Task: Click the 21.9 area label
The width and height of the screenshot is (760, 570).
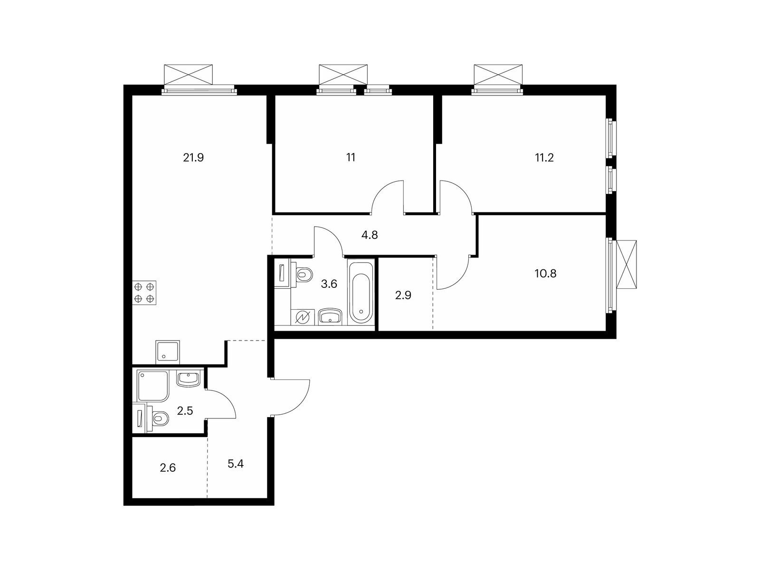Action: (x=193, y=158)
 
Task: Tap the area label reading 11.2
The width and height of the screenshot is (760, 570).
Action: (x=544, y=158)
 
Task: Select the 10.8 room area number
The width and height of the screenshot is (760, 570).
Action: (x=545, y=274)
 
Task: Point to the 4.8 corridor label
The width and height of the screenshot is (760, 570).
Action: (x=370, y=235)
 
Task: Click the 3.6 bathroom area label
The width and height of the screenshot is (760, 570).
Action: (x=329, y=284)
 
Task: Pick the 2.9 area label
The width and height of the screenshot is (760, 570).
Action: (x=403, y=295)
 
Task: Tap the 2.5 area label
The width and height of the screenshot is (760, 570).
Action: (x=185, y=411)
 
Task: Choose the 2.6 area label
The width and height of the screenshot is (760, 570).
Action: (x=168, y=468)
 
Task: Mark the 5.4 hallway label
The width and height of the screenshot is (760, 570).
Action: (x=236, y=464)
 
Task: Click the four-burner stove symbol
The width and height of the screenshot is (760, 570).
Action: (x=144, y=293)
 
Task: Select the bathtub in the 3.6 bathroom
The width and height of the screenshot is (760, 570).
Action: (x=361, y=293)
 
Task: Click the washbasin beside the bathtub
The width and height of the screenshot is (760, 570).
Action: (x=330, y=316)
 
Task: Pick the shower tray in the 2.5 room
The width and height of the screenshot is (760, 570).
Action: (x=152, y=386)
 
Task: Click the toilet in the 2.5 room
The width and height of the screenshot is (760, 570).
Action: (x=157, y=418)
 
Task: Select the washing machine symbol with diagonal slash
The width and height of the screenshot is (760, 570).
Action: (x=302, y=317)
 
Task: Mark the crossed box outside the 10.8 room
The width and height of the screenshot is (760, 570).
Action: (x=627, y=264)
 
